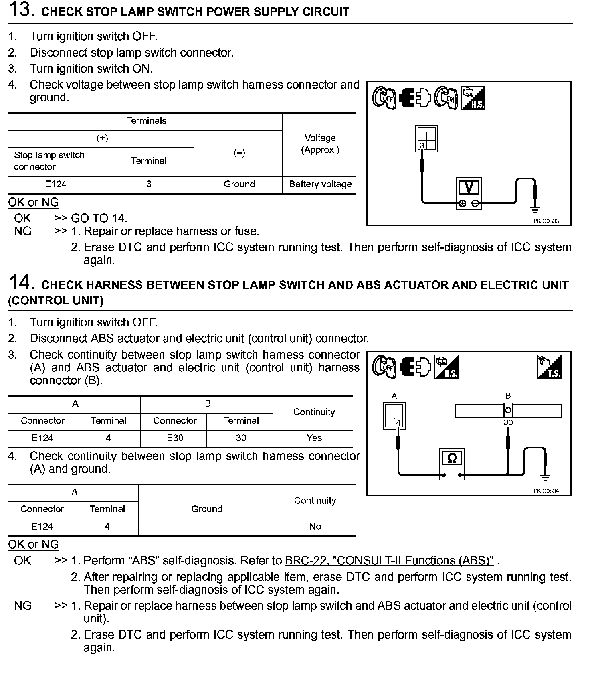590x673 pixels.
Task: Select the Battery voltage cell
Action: point(320,184)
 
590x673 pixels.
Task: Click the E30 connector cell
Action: point(175,438)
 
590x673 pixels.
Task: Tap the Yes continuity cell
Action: point(314,438)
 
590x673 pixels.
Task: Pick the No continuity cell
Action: point(315,527)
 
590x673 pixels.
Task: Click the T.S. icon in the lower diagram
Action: point(549,367)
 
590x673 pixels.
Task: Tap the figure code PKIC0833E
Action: point(548,221)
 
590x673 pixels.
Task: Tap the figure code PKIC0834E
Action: point(548,491)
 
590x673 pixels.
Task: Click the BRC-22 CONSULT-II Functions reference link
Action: point(389,560)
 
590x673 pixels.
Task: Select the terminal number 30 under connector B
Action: point(508,422)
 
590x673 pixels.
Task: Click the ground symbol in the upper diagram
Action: point(535,209)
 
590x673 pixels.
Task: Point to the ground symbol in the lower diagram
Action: point(545,477)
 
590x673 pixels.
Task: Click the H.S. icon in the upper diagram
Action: point(473,98)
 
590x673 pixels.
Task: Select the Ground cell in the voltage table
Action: point(239,184)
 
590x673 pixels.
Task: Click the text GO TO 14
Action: point(99,218)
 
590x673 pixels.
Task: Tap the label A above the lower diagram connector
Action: point(394,396)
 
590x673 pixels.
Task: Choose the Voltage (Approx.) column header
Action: point(320,144)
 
